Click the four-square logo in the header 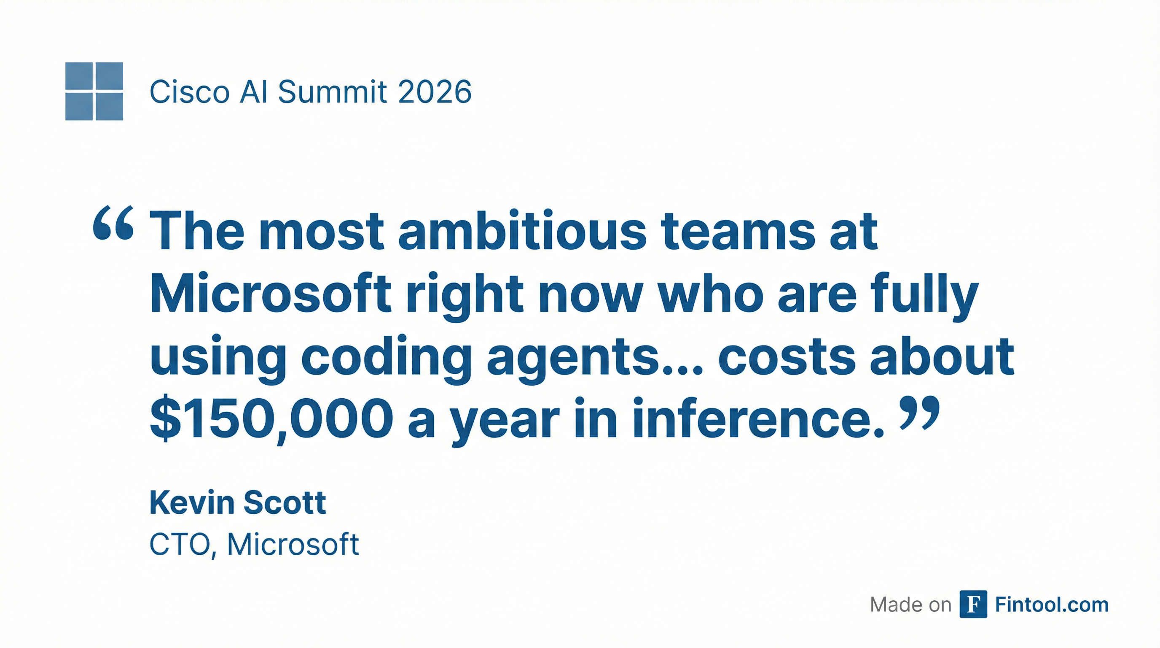click(x=94, y=91)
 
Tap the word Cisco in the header click(x=190, y=92)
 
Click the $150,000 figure click(x=271, y=419)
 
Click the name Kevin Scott click(x=238, y=502)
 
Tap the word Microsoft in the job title click(x=293, y=544)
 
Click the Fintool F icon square click(x=973, y=604)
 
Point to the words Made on click(x=910, y=605)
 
